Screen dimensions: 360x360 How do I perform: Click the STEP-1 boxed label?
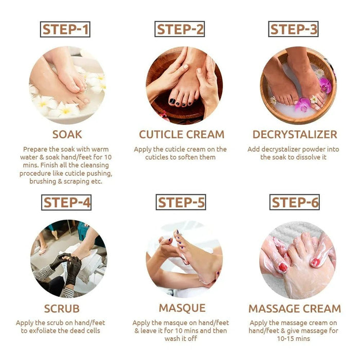click(x=65, y=29)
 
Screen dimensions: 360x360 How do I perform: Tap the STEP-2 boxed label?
click(x=180, y=29)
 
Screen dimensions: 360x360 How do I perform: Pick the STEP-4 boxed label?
click(x=66, y=202)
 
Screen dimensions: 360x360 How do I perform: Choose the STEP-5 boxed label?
click(x=181, y=202)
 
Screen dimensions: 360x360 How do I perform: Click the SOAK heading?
click(x=67, y=135)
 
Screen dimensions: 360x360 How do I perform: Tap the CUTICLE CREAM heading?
click(x=182, y=135)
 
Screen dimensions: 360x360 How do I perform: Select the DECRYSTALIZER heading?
click(x=295, y=135)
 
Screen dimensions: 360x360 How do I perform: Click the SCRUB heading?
click(x=62, y=309)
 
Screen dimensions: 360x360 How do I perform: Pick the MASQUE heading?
click(x=182, y=309)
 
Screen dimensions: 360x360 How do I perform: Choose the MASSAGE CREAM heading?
click(x=295, y=309)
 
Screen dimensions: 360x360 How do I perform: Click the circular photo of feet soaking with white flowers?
click(x=67, y=85)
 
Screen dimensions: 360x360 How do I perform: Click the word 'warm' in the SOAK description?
click(x=100, y=149)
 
